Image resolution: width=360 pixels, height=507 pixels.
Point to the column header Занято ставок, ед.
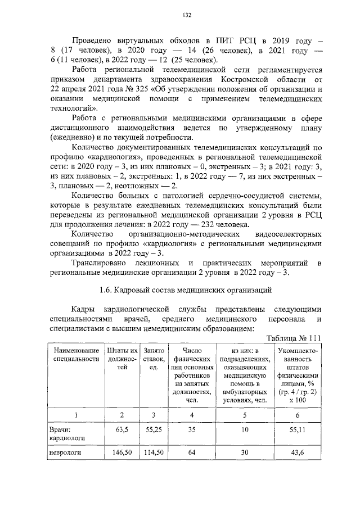pyautogui.click(x=154, y=359)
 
